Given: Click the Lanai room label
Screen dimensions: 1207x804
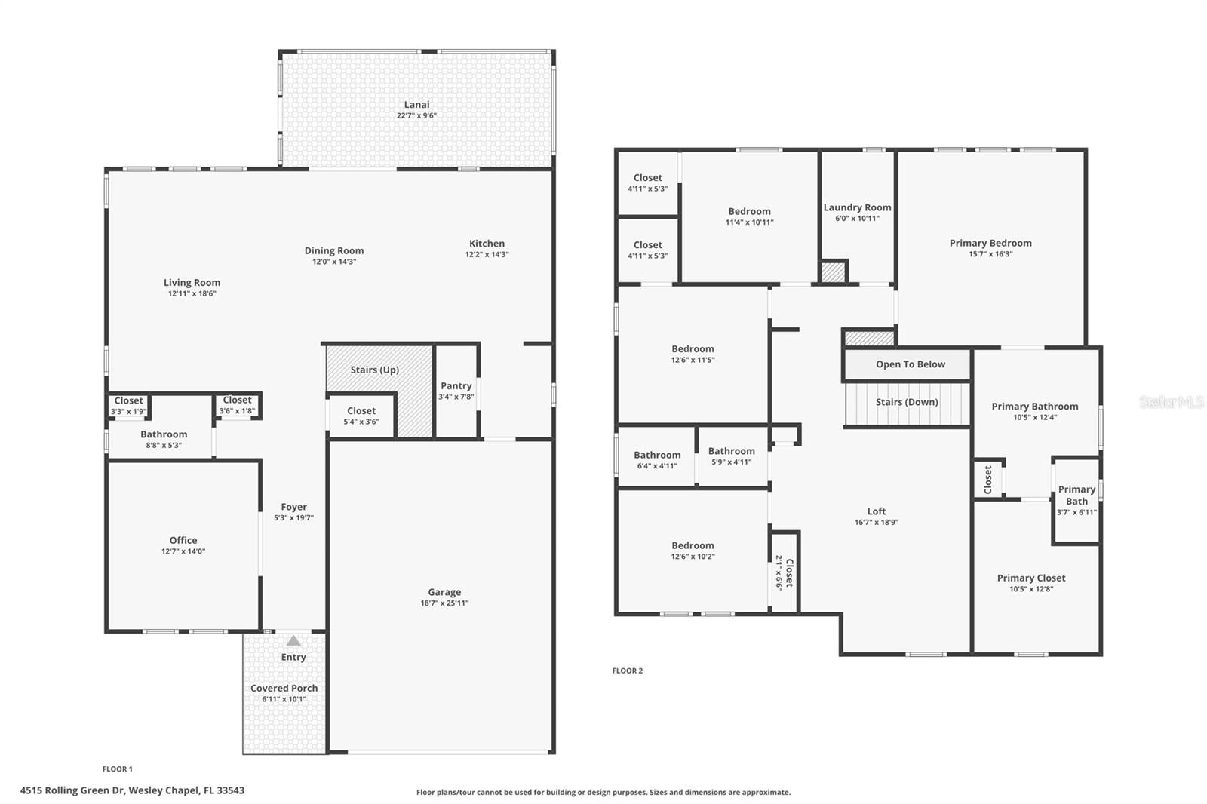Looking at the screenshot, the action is coord(416,105).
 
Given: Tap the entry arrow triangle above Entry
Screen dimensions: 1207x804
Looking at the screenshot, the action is coord(293,640).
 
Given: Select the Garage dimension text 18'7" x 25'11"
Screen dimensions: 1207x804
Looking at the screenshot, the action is coord(444,603).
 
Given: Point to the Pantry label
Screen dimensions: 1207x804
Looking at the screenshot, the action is coord(456,386).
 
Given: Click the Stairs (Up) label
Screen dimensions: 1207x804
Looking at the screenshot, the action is coord(374,370).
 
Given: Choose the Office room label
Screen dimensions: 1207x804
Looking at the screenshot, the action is coord(183,540).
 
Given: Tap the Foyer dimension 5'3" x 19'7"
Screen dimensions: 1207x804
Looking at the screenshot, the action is coord(293,518).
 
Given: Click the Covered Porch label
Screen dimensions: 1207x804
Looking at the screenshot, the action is coord(284,688).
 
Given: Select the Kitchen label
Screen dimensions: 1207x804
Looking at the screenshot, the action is coord(487,244).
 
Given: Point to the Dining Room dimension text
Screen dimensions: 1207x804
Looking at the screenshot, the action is coord(334,262).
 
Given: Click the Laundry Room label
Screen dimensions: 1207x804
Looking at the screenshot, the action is coord(857,207).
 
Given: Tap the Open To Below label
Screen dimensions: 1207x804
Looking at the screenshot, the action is coord(911,364).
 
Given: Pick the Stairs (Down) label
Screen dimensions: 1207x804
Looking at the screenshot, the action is coord(907,402).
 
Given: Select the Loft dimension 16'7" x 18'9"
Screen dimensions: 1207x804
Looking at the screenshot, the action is coord(877,522).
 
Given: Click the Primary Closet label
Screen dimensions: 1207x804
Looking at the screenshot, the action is coord(1031,578).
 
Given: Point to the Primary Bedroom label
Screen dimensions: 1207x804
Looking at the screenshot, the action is coord(990,243).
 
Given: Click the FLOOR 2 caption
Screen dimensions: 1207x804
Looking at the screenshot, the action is coord(627,671).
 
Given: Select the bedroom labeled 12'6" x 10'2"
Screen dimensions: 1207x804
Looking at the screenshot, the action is coord(693,551).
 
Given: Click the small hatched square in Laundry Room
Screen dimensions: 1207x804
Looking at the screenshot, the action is coord(833,272).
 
